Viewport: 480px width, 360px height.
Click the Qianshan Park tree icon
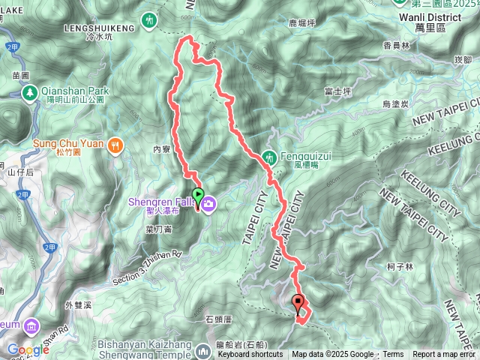click(x=31, y=93)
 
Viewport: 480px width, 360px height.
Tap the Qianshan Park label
click(x=76, y=91)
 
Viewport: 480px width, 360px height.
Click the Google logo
click(x=28, y=349)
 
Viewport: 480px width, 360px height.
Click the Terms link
click(x=393, y=355)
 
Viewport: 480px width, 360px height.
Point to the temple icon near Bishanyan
click(x=203, y=350)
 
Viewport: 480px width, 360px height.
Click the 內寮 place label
click(x=161, y=149)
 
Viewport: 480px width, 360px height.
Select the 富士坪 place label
click(x=337, y=91)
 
